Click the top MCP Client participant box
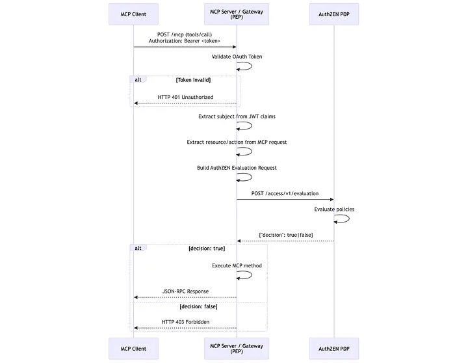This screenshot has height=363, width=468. (133, 14)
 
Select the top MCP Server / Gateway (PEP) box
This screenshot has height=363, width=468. (236, 14)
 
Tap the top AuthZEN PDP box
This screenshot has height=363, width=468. (334, 14)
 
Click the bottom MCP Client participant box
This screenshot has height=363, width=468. (133, 349)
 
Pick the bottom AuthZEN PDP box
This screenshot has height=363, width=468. (334, 349)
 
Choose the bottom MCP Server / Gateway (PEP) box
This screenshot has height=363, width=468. (236, 349)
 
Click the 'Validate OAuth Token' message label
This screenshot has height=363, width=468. (237, 57)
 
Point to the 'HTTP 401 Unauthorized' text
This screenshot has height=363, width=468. (185, 97)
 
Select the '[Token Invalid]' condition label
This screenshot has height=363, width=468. (193, 79)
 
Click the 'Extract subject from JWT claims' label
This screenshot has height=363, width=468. (237, 116)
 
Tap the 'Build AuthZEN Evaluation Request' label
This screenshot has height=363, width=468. (237, 168)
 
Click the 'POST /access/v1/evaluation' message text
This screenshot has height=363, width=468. (285, 193)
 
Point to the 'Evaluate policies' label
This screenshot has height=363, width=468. (334, 209)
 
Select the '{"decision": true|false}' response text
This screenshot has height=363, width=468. (285, 235)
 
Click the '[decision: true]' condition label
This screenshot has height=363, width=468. (207, 249)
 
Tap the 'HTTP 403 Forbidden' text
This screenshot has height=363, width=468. (185, 322)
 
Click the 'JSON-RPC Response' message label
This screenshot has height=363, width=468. (185, 291)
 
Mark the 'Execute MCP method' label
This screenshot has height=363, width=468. (237, 265)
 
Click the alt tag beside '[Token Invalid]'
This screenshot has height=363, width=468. (138, 79)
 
